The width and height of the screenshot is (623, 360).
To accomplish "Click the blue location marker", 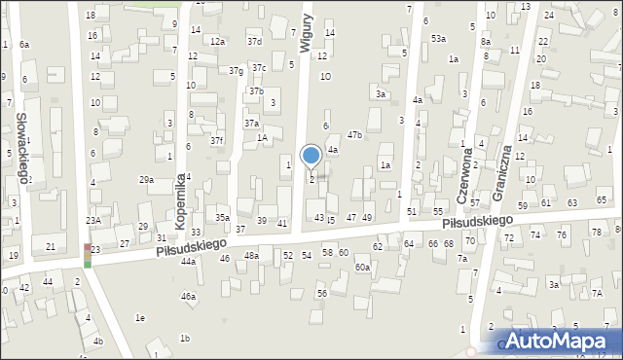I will pos(311,156).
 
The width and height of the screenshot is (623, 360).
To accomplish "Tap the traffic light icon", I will pos(88,255).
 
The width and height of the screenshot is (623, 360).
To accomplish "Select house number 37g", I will pos(236,71).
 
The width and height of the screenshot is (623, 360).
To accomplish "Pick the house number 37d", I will pos(254,42).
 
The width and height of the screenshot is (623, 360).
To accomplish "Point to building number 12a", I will pos(217,42).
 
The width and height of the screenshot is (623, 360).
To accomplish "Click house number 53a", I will pos(439,38).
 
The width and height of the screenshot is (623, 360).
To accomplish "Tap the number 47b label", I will pos(354,135).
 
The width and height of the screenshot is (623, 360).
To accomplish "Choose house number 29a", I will pos(146,180).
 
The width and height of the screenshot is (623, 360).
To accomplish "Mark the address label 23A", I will pos(92,221).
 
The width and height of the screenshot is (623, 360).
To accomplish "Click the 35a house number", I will pos(223,217).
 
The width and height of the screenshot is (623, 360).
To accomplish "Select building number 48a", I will pos(251,255).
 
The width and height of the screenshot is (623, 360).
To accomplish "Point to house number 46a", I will pos(188,297).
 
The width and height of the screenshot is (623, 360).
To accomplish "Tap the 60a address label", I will pos(362,267).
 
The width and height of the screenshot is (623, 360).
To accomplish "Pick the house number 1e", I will pos(140,318).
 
